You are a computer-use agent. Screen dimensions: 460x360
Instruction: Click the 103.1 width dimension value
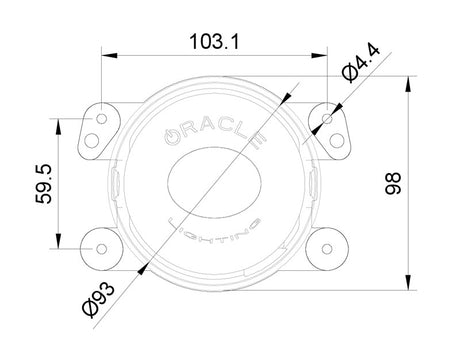214,42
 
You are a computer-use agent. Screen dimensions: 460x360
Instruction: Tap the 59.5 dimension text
44,184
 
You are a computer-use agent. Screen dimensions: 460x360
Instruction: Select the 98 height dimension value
393,183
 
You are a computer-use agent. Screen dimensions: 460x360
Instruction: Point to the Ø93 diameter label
99,300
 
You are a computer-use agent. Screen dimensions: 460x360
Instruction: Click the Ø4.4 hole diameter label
361,63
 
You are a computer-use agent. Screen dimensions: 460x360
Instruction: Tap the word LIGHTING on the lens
214,231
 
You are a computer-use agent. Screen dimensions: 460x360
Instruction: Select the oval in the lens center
214,183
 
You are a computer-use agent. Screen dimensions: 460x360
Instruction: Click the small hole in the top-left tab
101,118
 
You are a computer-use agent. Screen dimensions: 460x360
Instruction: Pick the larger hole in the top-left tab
92,140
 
